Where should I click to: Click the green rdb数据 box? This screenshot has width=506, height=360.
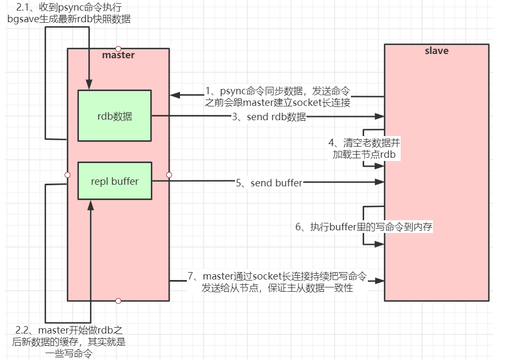114,115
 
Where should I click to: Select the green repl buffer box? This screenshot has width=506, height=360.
114,181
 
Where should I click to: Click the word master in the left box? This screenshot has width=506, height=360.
118,55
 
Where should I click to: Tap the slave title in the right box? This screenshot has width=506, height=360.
437,51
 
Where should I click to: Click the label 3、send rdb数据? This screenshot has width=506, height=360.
269,116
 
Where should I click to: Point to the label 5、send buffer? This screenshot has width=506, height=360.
269,183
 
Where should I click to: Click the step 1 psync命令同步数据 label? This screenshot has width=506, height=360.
278,96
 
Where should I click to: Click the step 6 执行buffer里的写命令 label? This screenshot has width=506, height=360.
364,227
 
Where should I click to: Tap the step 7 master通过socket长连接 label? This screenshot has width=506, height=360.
277,282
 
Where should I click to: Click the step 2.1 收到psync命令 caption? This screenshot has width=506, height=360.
69,13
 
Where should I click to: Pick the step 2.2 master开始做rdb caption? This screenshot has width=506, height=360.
69,341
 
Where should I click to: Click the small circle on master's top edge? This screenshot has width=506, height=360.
118,48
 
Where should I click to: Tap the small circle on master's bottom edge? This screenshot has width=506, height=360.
118,301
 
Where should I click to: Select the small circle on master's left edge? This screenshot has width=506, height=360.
67,175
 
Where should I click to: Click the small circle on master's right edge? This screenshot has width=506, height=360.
169,175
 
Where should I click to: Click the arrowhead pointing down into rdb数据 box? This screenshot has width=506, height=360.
89,85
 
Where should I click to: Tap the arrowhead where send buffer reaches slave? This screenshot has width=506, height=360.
379,182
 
